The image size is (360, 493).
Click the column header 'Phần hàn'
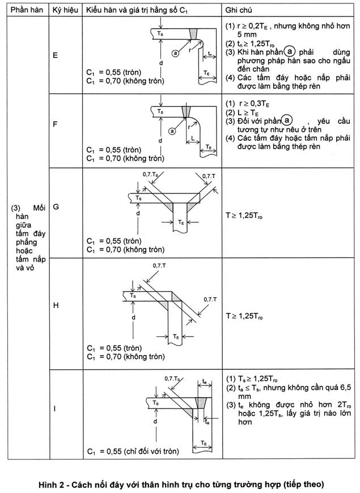[x=27, y=10]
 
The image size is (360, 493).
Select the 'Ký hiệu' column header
[x=65, y=10]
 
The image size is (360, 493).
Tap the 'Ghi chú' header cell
[x=239, y=10]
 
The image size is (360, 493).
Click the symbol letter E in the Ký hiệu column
[x=56, y=56]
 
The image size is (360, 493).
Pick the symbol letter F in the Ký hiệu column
[x=56, y=124]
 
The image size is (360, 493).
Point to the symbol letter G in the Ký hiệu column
[x=56, y=207]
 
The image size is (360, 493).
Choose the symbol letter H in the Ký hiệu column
[x=56, y=305]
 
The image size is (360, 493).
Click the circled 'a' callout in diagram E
[x=175, y=53]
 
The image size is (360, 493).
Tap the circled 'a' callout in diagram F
[x=172, y=131]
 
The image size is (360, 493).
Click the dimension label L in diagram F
[x=193, y=138]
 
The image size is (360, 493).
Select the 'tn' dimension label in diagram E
[x=210, y=54]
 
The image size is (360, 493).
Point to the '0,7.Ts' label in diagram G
[x=150, y=174]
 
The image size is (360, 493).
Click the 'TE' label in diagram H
[x=176, y=336]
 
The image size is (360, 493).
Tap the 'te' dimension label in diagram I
[x=205, y=381]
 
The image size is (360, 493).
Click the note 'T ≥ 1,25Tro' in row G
[x=244, y=216]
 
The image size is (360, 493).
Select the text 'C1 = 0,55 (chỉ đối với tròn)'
[x=133, y=452]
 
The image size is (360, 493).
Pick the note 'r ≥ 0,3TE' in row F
[x=254, y=104]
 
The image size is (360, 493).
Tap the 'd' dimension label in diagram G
[x=138, y=213]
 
